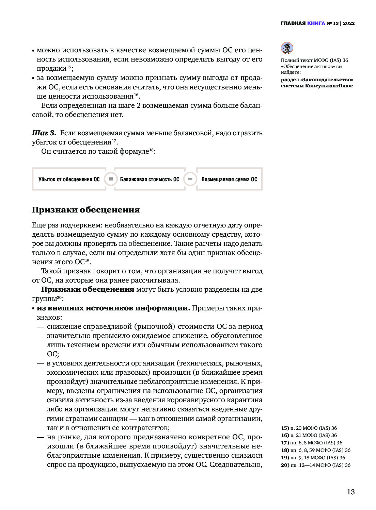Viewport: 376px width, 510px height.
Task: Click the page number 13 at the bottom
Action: pos(350,492)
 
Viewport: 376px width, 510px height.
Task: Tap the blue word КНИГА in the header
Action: pos(316,23)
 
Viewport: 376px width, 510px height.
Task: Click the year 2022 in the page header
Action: pos(349,23)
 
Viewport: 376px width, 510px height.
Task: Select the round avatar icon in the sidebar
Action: pos(287,48)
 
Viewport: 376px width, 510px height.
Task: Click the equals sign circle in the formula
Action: pos(111,179)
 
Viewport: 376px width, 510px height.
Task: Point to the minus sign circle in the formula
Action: pos(190,179)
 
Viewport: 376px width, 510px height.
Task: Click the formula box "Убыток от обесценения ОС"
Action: pos(69,179)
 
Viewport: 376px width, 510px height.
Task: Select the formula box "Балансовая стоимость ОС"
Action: pos(150,179)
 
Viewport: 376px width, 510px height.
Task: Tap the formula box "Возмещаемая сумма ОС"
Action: pos(229,179)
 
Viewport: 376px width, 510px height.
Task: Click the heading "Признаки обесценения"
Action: pos(86,210)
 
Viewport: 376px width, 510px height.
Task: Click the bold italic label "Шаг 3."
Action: pos(44,133)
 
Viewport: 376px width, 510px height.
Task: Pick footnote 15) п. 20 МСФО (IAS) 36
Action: pos(309,428)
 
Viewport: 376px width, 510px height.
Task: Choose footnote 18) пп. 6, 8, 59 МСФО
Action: pos(315,450)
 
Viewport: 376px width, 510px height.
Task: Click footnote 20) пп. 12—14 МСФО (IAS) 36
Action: pos(315,465)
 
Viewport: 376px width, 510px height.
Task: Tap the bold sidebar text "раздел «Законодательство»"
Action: pos(317,80)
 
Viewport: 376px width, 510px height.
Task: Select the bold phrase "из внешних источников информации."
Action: pos(113,308)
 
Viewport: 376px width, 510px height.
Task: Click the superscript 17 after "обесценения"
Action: pos(114,140)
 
